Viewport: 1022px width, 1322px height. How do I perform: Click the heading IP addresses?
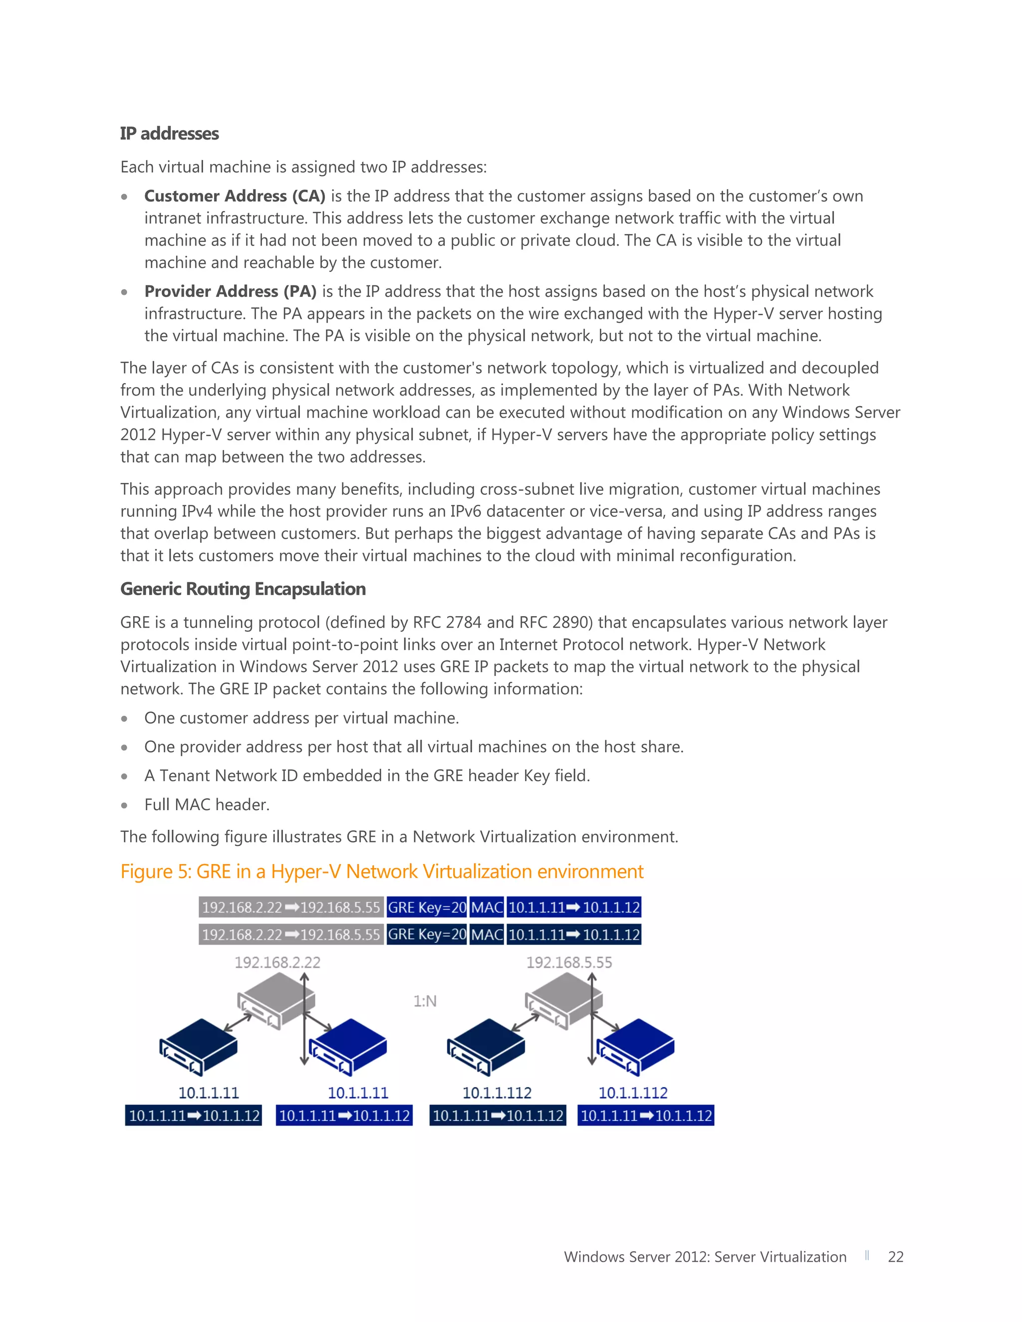(x=169, y=133)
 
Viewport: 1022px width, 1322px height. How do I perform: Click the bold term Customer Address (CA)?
(x=235, y=196)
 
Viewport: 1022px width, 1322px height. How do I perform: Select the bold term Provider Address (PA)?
(x=230, y=291)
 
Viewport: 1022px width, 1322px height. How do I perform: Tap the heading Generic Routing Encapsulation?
(x=243, y=589)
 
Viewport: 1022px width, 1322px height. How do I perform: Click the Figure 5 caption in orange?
(x=381, y=871)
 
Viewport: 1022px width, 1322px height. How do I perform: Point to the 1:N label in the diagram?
(x=425, y=1001)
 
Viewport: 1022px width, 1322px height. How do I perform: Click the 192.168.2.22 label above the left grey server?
(x=277, y=962)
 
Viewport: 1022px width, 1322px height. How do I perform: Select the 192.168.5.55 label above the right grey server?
(x=568, y=962)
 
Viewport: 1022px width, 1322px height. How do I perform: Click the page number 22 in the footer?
(x=895, y=1257)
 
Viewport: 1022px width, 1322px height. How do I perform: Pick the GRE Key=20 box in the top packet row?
(x=427, y=907)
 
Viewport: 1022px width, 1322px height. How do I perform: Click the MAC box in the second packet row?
(x=487, y=934)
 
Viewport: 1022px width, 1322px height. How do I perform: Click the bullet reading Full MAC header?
(x=207, y=805)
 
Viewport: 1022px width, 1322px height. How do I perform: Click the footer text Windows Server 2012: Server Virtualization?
(x=705, y=1257)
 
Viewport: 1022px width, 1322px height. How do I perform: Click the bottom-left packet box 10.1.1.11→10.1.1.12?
(x=194, y=1115)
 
